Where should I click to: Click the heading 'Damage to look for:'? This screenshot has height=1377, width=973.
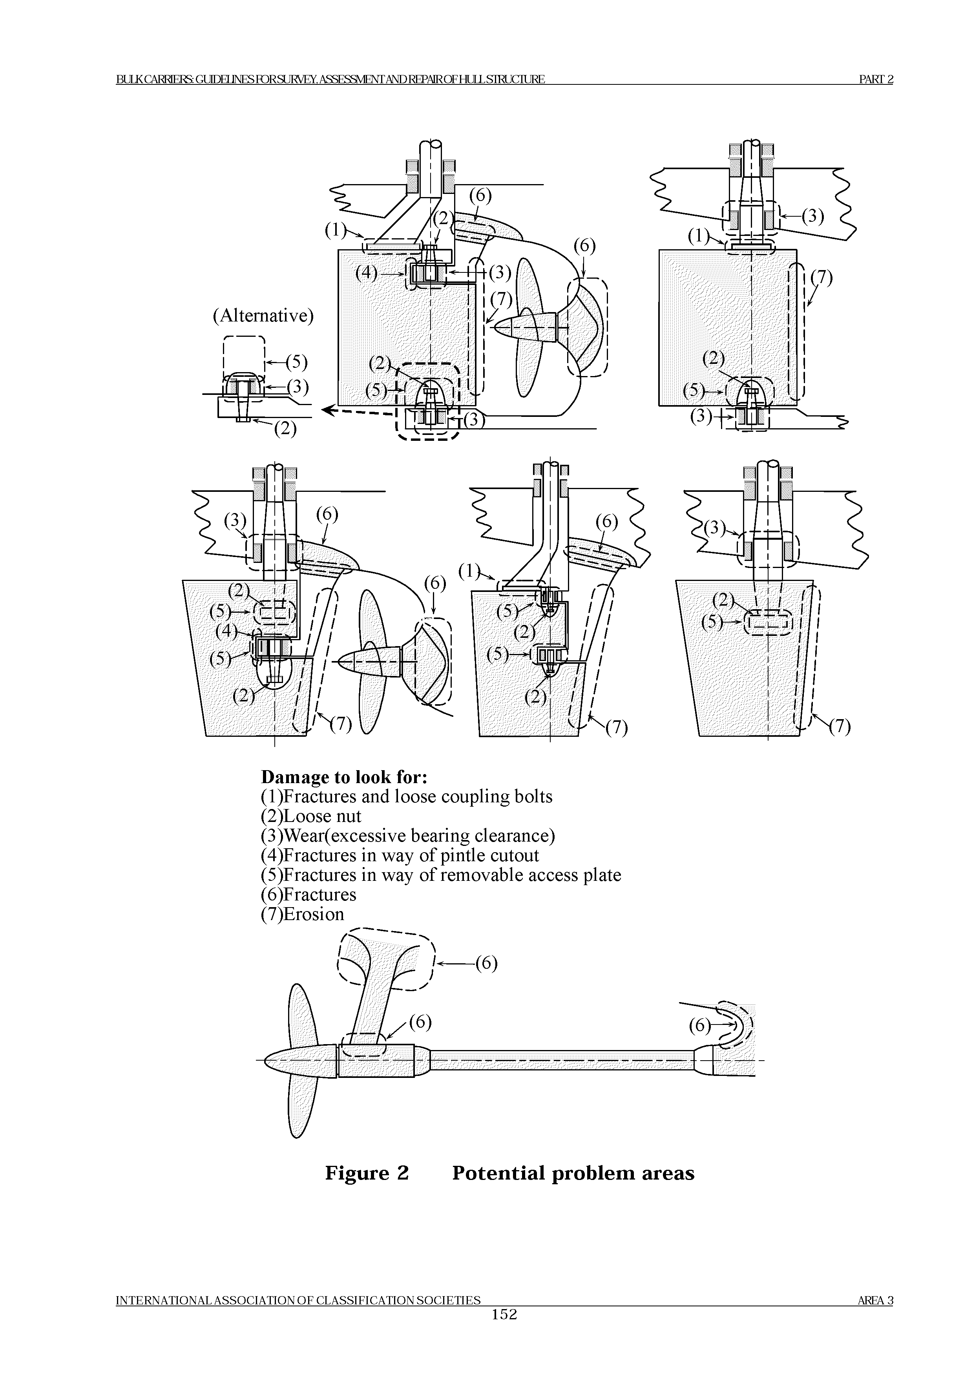(344, 777)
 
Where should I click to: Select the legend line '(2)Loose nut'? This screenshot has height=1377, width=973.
(311, 816)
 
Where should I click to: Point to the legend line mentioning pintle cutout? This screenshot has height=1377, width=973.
(400, 855)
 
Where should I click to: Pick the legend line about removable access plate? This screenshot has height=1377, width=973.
(441, 875)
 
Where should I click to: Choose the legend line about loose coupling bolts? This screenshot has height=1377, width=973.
(407, 796)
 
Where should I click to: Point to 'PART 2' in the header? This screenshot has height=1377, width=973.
(876, 79)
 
